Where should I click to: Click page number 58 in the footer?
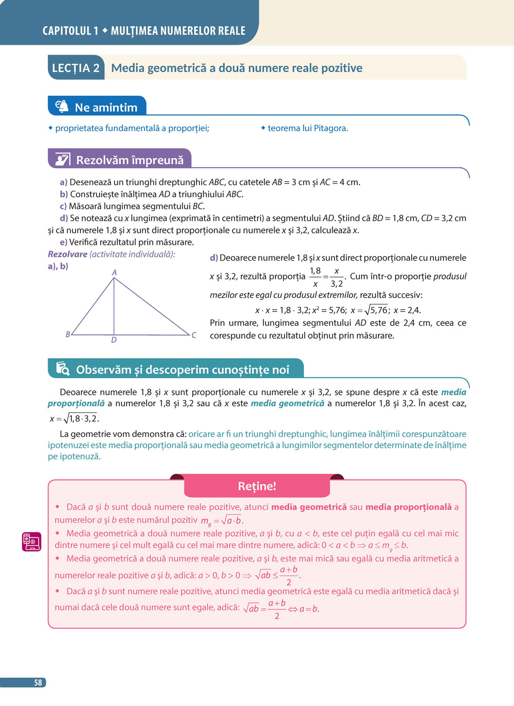38,683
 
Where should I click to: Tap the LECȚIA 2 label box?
76,68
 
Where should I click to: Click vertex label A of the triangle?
114,273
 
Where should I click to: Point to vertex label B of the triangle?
68,334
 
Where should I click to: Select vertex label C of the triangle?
194,335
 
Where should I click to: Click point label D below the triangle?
114,340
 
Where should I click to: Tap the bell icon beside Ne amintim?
62,106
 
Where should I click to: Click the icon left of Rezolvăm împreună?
62,159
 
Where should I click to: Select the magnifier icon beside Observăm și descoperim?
63,369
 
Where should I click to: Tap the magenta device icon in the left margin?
31,541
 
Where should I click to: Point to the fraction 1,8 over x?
315,277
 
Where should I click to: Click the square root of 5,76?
376,310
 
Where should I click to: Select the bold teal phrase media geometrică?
287,403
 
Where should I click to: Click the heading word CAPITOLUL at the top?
66,31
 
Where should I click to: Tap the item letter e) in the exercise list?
64,242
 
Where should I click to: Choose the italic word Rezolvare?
67,254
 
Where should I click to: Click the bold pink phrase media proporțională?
408,507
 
